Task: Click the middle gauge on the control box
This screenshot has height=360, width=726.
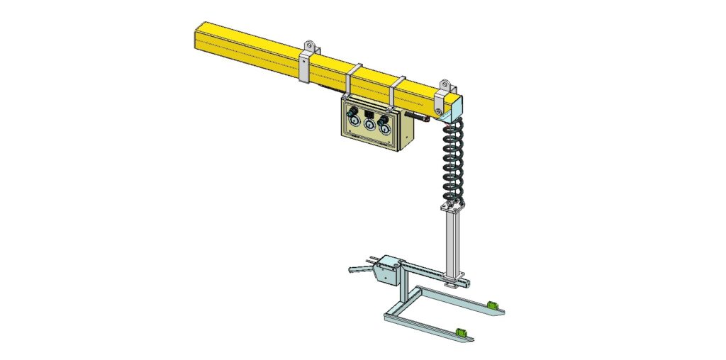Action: pyautogui.click(x=369, y=125)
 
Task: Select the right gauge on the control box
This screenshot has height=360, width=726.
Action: pyautogui.click(x=384, y=128)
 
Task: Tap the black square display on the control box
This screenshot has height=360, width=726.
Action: pyautogui.click(x=369, y=112)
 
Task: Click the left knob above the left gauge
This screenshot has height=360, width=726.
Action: pyautogui.click(x=352, y=114)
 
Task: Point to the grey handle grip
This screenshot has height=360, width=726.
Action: pyautogui.click(x=358, y=269)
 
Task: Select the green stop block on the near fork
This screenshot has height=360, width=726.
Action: pyautogui.click(x=462, y=331)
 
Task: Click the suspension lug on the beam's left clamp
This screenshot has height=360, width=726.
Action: pyautogui.click(x=308, y=47)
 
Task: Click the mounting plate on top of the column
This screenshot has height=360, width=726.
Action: pyautogui.click(x=452, y=208)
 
